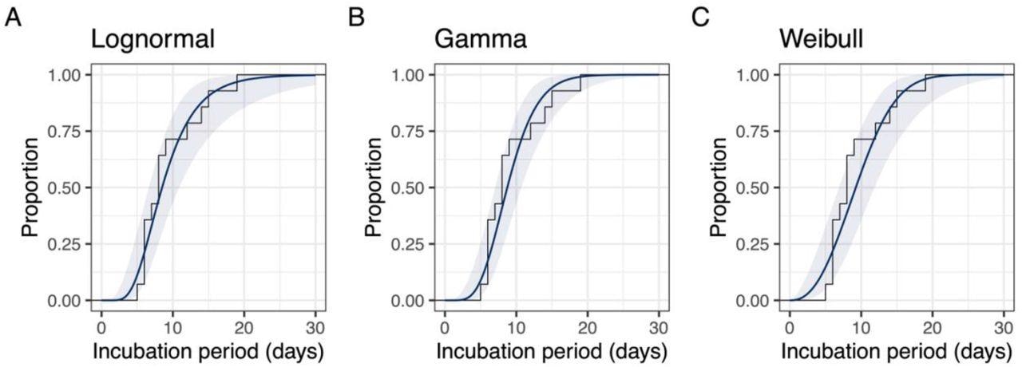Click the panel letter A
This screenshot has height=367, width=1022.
pos(13,18)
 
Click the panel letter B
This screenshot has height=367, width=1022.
pos(357,18)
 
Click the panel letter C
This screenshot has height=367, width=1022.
pos(700,18)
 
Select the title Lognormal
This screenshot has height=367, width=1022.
pos(153,40)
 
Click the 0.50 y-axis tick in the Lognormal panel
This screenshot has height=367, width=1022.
pos(67,188)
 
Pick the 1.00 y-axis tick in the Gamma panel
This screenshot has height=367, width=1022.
pos(411,75)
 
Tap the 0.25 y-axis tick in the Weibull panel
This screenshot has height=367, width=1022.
pos(755,245)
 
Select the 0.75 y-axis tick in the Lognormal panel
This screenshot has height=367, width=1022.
pos(67,132)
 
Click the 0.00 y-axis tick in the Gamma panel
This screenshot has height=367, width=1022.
pos(411,302)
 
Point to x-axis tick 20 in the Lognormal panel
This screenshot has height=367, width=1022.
pos(244,328)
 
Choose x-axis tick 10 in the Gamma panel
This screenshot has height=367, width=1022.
pos(516,328)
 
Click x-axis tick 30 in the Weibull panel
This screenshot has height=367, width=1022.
pos(1003,328)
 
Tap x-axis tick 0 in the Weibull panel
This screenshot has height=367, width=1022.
pos(789,328)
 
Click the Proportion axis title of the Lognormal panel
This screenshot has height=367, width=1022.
pos(30,188)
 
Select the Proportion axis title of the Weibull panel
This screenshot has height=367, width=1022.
pos(719,188)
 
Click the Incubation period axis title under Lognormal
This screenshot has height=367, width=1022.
pos(208,352)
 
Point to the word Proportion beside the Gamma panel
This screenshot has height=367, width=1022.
pos(374,188)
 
